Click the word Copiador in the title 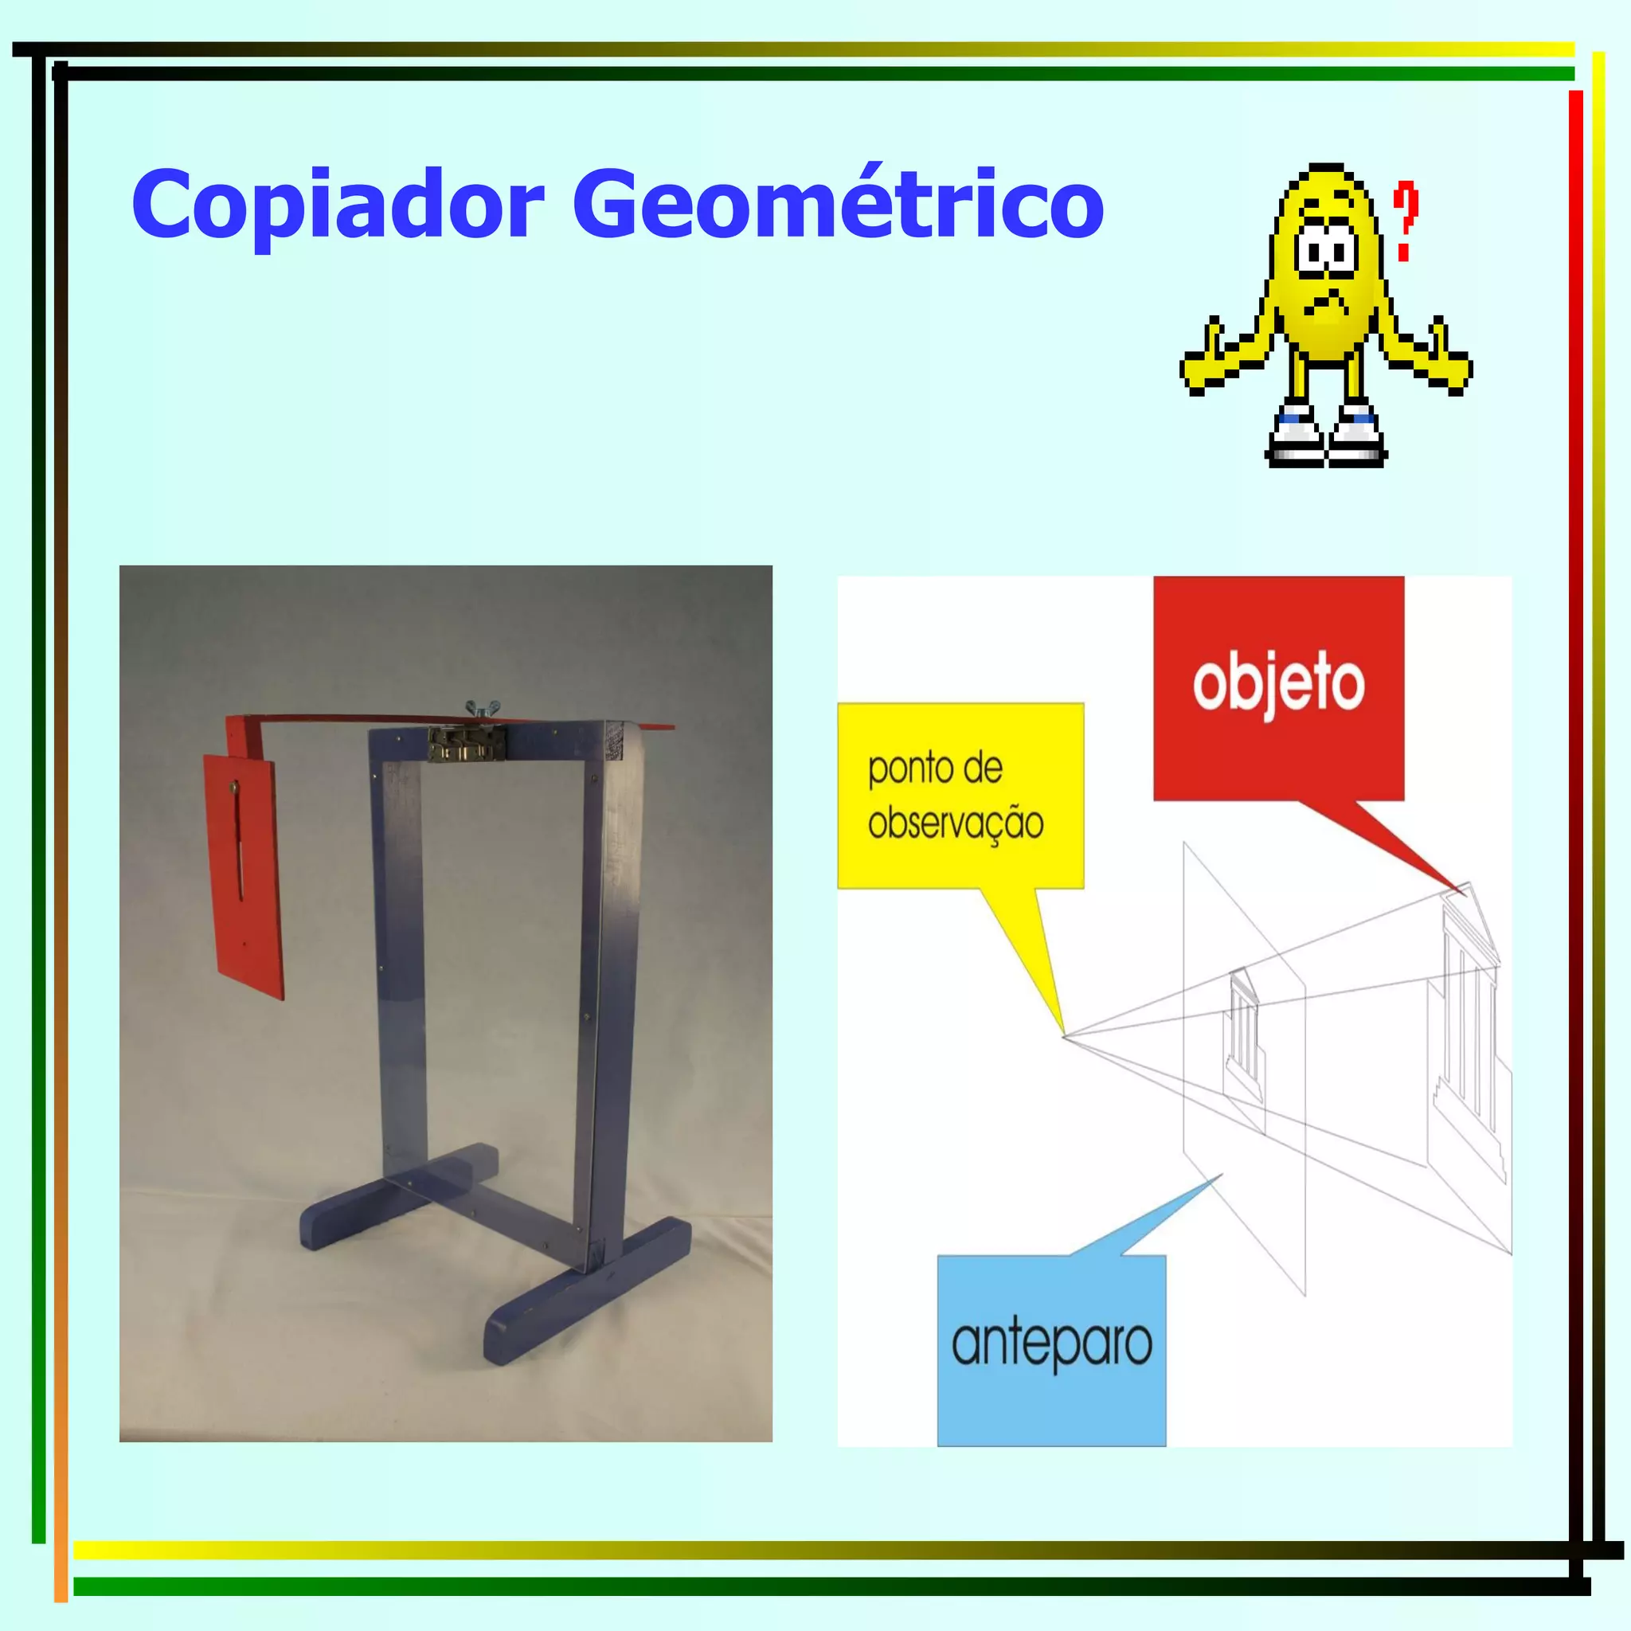pyautogui.click(x=338, y=205)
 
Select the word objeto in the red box pyautogui.click(x=1278, y=684)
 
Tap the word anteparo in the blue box pyautogui.click(x=1051, y=1344)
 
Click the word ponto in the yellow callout pyautogui.click(x=902, y=769)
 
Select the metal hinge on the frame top pyautogui.click(x=466, y=743)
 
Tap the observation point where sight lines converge pyautogui.click(x=1065, y=1036)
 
